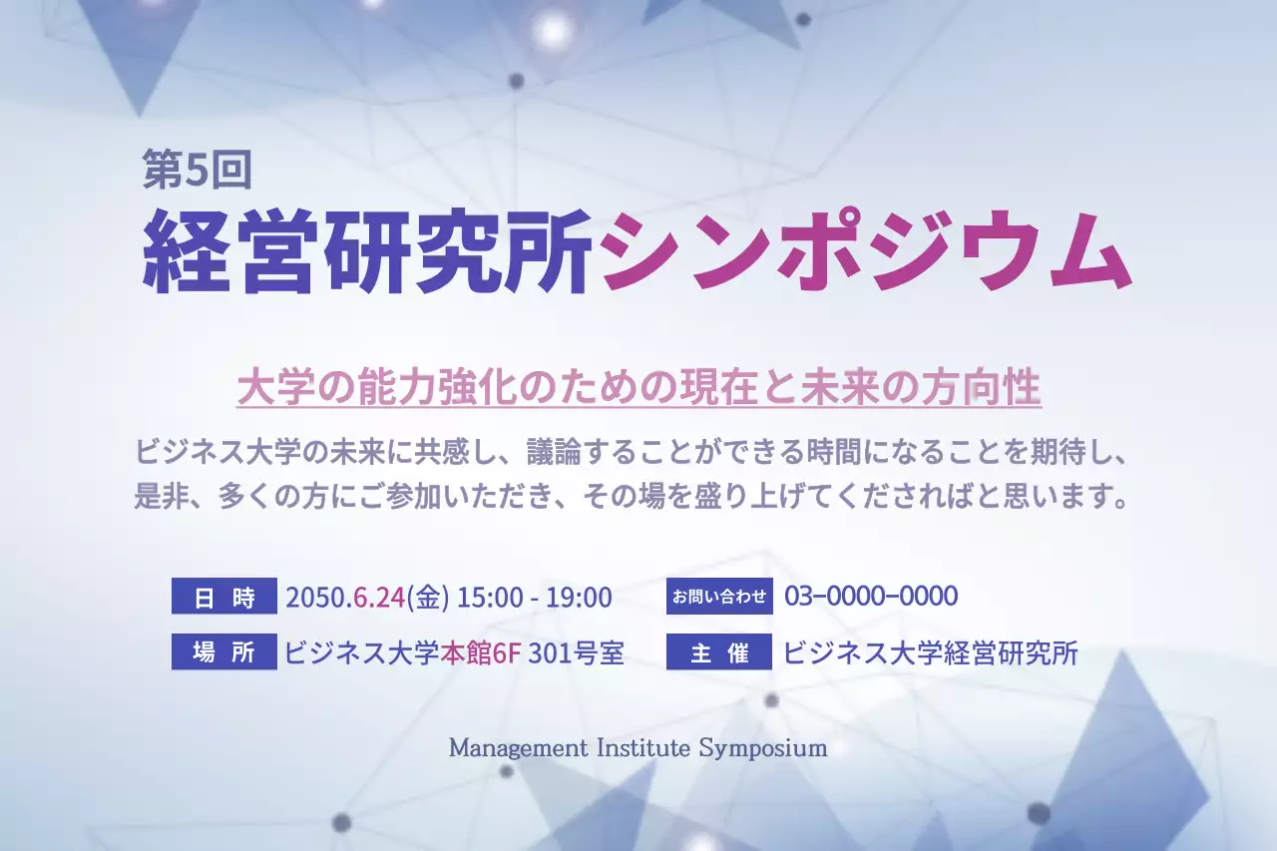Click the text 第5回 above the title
tap(197, 171)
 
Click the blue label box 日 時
tap(224, 598)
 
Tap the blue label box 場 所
tap(224, 652)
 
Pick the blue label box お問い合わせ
tap(719, 598)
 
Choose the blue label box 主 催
tap(719, 652)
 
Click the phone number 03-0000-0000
tap(871, 597)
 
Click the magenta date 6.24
tap(378, 598)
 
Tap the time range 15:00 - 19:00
tap(534, 598)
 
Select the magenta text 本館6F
tap(481, 653)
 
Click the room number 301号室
tap(576, 653)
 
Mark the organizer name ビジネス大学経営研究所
tap(931, 653)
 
